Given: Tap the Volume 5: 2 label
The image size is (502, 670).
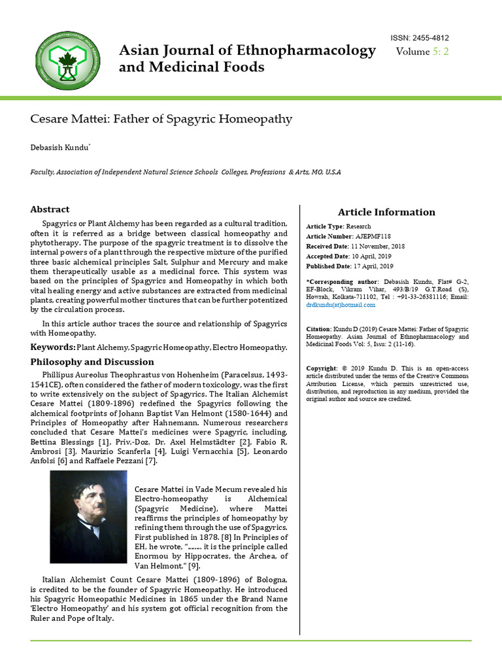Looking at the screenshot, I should tap(422, 52).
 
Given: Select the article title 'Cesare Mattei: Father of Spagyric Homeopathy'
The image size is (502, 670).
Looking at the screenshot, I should tap(161, 119).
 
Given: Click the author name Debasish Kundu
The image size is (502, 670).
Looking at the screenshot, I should tap(60, 148).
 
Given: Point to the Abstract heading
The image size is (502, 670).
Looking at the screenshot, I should tap(50, 209).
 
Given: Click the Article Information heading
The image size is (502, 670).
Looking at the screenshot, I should tap(386, 212).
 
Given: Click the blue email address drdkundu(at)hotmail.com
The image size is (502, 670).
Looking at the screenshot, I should tap(341, 305).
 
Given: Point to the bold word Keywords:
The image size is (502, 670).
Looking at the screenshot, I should tap(53, 347).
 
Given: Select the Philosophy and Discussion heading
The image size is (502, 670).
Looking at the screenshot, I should tap(92, 362).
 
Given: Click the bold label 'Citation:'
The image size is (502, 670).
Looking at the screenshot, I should tap(319, 328).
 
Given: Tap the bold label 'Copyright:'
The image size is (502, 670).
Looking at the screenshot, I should tap(322, 368).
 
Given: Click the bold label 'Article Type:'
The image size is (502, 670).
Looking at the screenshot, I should tap(326, 226).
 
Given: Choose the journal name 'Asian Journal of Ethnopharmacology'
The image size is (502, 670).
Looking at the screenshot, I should tap(247, 50).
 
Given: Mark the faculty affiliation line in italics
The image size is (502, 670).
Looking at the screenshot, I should tap(186, 172).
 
